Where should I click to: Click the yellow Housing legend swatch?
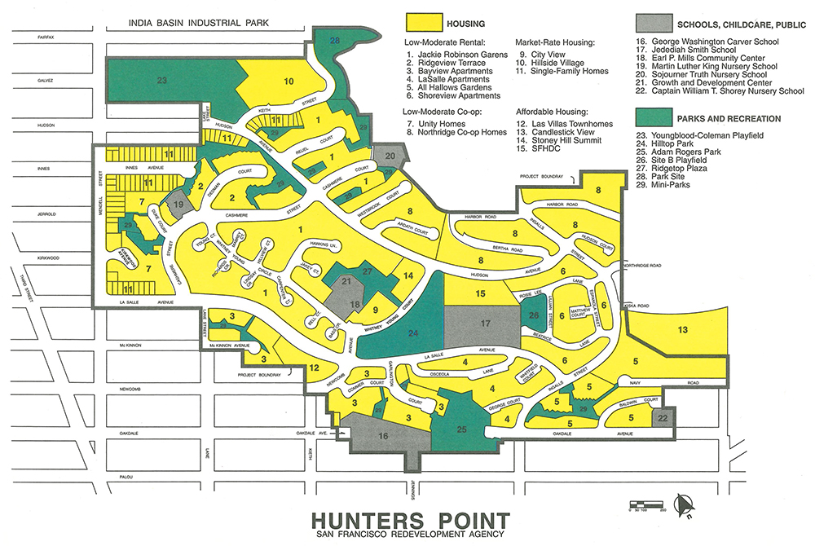[424, 24]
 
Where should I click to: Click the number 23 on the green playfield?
[162, 81]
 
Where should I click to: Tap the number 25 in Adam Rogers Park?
[461, 429]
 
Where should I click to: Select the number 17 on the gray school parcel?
[485, 324]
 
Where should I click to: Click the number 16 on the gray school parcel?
[383, 437]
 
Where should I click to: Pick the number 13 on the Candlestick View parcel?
[683, 329]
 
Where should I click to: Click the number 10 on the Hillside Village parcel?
[289, 81]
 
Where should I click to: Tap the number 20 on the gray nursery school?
[390, 155]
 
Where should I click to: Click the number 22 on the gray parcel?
[663, 417]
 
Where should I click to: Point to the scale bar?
[644, 503]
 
